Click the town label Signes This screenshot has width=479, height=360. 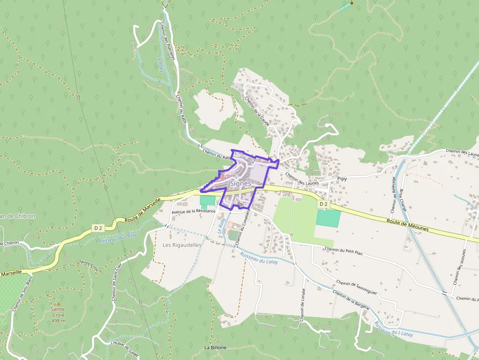240,184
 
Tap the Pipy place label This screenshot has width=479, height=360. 342,179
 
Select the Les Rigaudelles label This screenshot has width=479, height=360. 182,245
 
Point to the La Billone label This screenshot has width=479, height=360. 215,347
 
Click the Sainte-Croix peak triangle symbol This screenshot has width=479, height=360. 58,303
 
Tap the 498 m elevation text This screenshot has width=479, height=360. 58,320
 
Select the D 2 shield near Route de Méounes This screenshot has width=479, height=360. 323,204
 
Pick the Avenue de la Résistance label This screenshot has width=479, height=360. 193,212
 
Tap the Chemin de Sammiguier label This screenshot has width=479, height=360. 356,287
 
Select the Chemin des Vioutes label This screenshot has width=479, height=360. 459,269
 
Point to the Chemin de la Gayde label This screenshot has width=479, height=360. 257,110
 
